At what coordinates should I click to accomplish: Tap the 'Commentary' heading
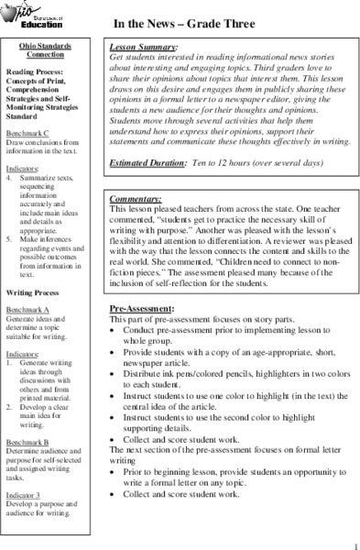point(136,198)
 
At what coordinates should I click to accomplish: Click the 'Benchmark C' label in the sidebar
point(28,134)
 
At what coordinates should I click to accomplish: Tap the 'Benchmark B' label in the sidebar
point(28,441)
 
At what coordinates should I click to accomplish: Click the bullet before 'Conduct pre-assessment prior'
point(112,331)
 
